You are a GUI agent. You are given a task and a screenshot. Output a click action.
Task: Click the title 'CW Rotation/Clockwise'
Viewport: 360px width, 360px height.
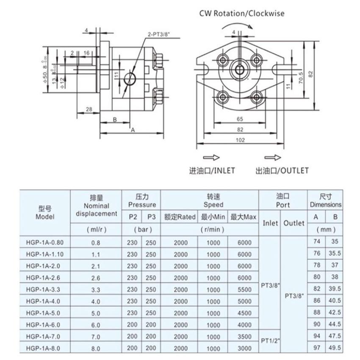pyautogui.click(x=242, y=13)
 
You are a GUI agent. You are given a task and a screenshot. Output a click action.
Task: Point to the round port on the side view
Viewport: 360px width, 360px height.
pyautogui.click(x=130, y=79)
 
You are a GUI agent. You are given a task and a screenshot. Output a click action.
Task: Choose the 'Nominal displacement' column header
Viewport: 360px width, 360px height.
pyautogui.click(x=96, y=206)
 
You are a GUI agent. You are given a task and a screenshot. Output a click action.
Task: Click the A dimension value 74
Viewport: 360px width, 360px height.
pyautogui.click(x=316, y=243)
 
